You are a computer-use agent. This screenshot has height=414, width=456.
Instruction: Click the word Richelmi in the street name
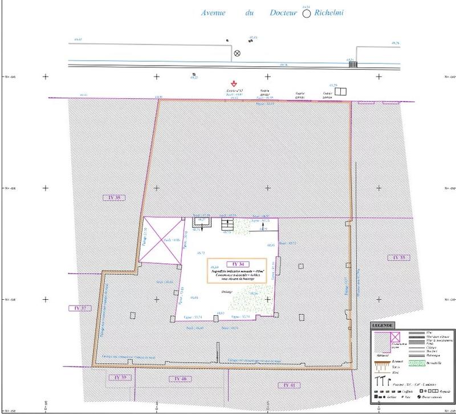[330, 13]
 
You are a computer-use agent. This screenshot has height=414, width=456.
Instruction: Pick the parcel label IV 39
[117, 378]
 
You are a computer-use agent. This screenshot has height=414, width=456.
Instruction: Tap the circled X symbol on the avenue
[238, 54]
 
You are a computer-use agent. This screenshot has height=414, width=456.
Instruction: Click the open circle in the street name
[307, 14]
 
